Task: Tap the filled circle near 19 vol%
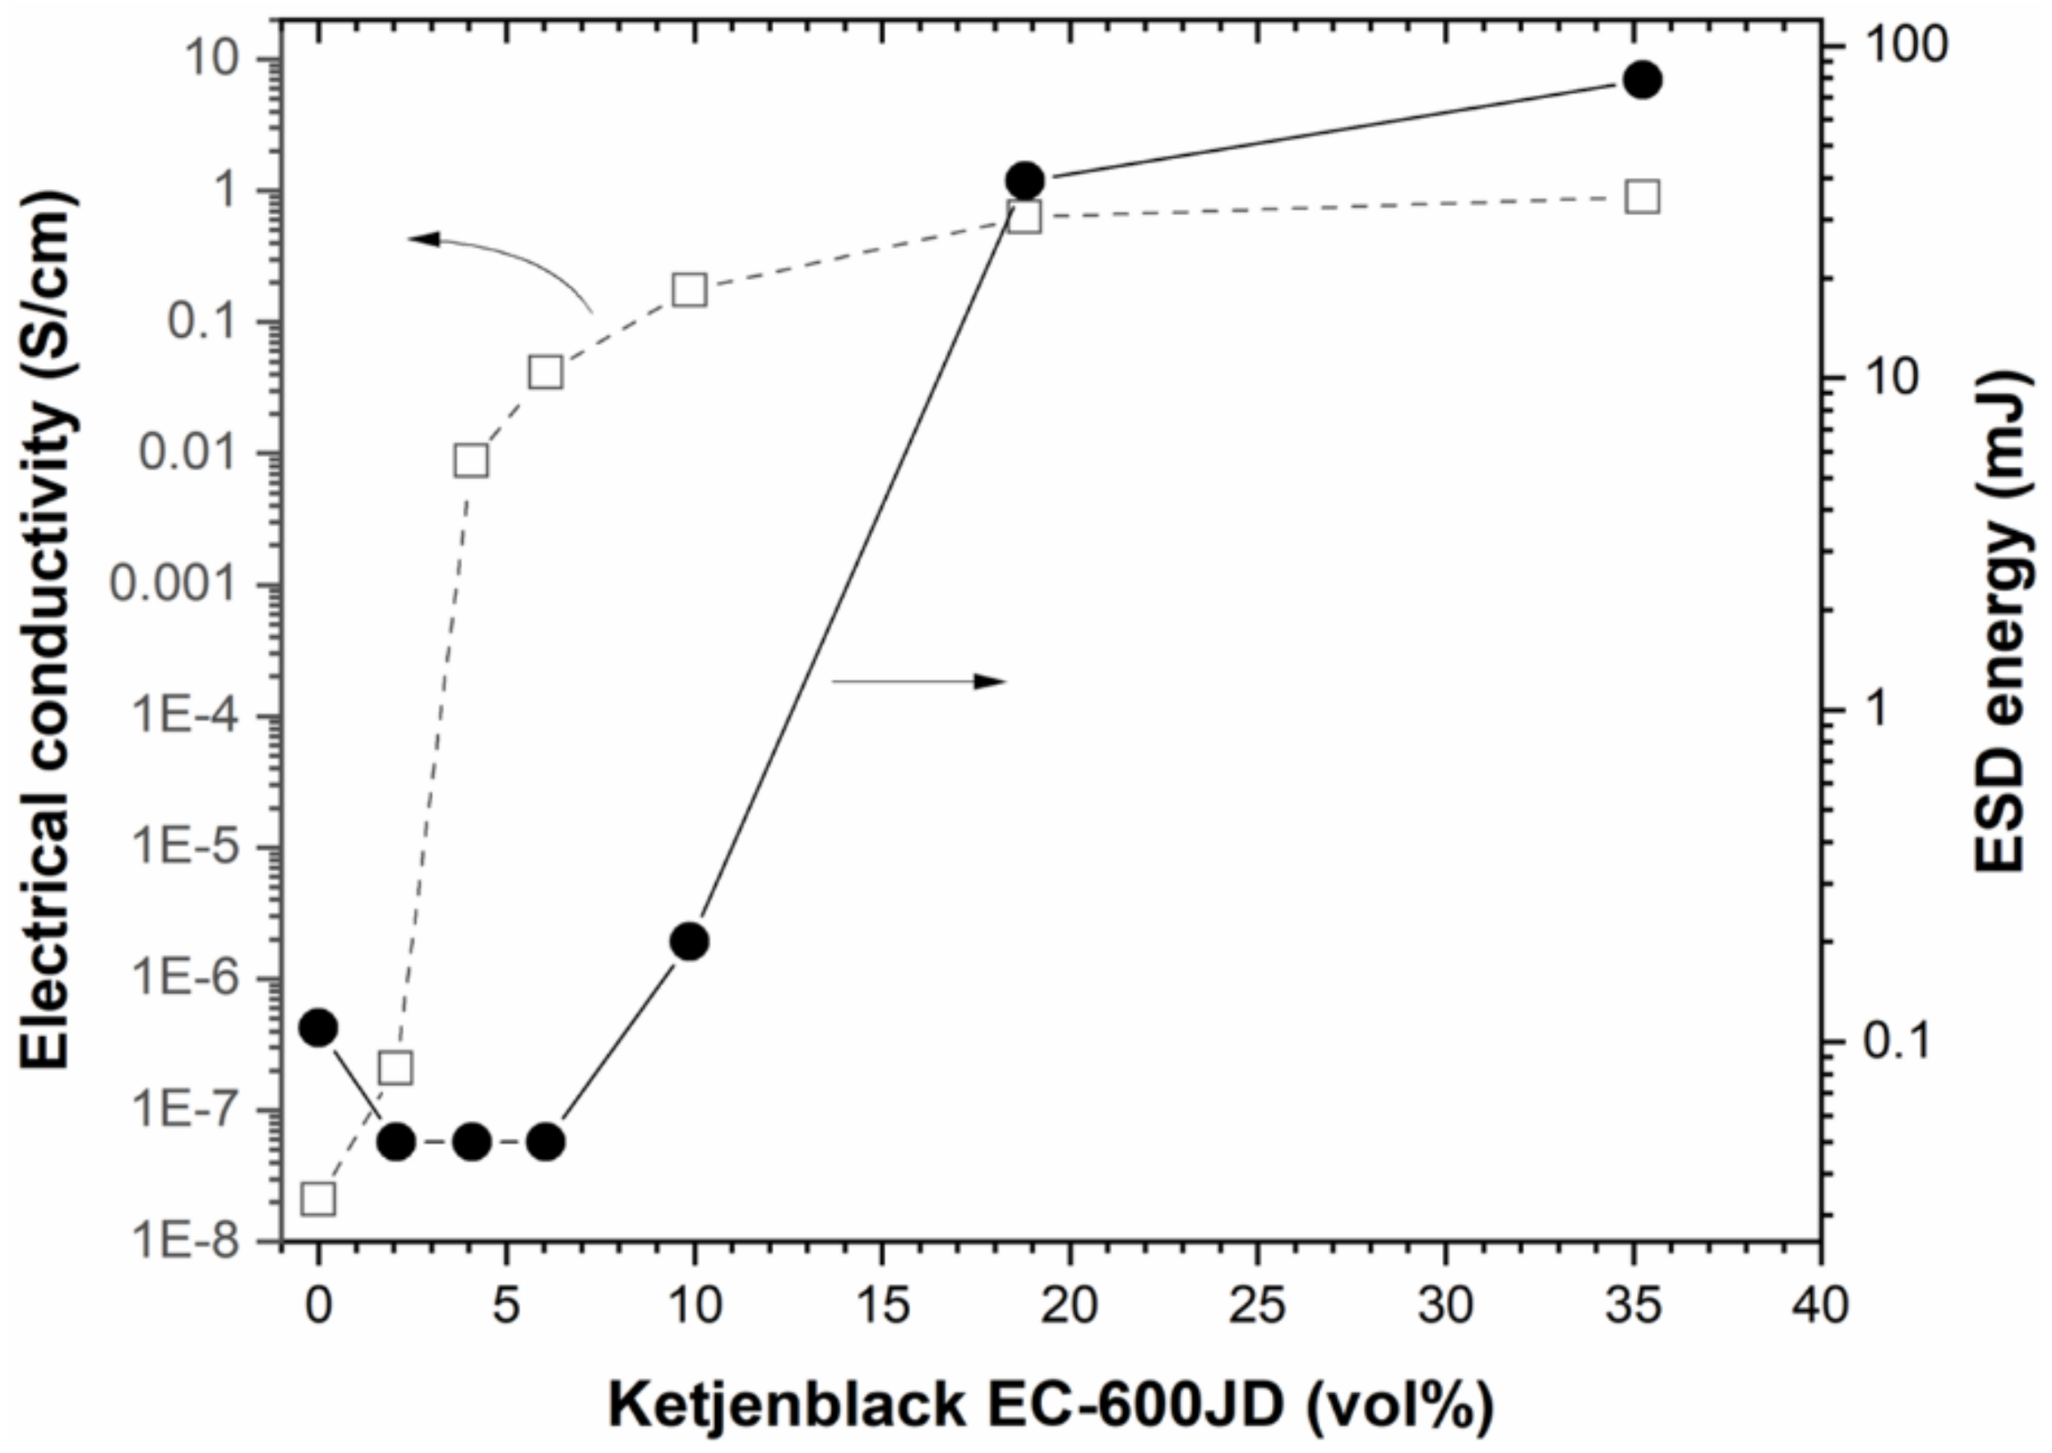pos(1024,181)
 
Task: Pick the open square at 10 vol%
pos(690,290)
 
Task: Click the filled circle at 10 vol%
pos(690,941)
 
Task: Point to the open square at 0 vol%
pos(319,1199)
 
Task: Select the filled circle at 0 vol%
pos(319,1028)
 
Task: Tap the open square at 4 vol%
pos(472,461)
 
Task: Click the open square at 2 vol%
pos(395,1068)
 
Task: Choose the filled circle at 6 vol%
pos(547,1142)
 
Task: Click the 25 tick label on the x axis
pos(1257,1308)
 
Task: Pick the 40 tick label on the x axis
pos(1820,1308)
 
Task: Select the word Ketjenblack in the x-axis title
pos(788,1405)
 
